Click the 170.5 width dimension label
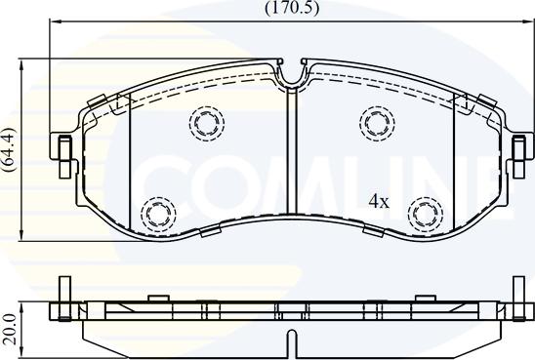point(292,8)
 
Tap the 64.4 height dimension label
point(9,149)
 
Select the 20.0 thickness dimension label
point(9,330)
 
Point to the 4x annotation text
point(379,202)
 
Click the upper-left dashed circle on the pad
point(207,123)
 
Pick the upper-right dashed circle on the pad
point(377,123)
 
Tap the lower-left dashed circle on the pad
point(158,214)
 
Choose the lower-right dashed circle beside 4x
point(426,214)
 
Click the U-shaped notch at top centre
point(292,73)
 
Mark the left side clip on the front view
point(64,156)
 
